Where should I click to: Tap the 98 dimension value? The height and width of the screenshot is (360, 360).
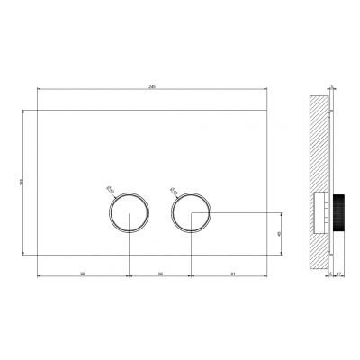(x=82, y=271)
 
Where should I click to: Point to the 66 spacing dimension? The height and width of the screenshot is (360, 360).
(x=160, y=271)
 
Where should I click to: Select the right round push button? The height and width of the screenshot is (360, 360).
(x=190, y=212)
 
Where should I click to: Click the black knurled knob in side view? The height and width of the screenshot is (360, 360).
(x=341, y=213)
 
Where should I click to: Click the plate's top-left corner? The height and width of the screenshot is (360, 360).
(x=37, y=110)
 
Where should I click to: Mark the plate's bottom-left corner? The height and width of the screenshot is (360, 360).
(x=37, y=256)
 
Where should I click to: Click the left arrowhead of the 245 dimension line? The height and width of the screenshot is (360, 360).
(x=39, y=88)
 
